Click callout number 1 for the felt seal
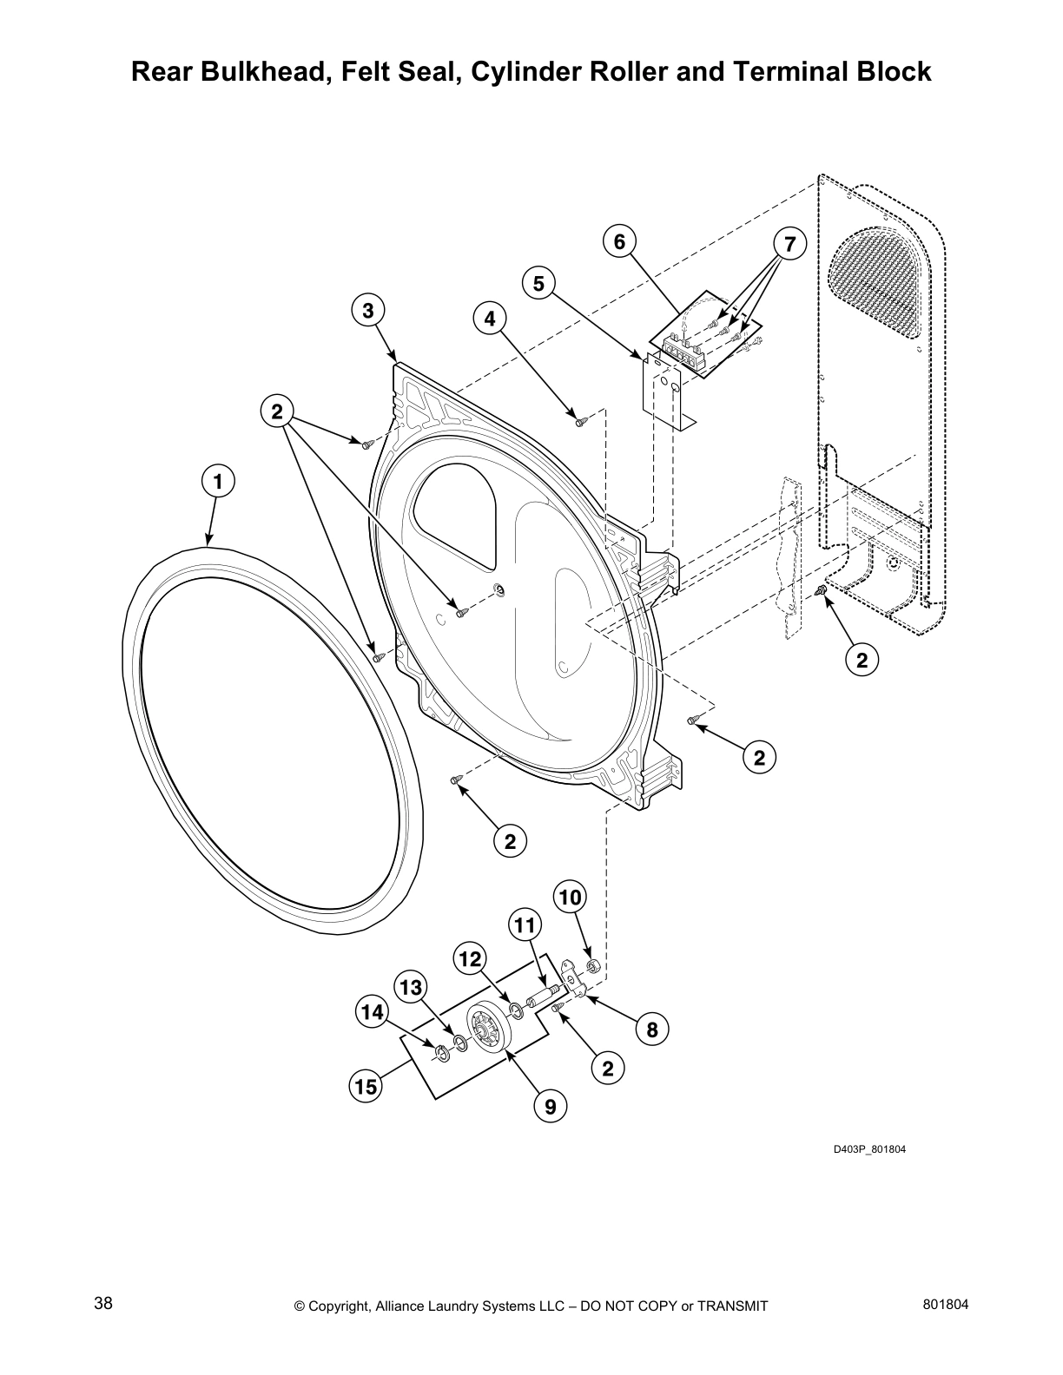[218, 480]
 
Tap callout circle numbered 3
[367, 310]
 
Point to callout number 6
[618, 241]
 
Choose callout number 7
[789, 245]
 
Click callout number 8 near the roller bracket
[652, 1030]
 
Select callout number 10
[570, 897]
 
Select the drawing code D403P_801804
[869, 1149]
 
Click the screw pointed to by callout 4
[580, 422]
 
